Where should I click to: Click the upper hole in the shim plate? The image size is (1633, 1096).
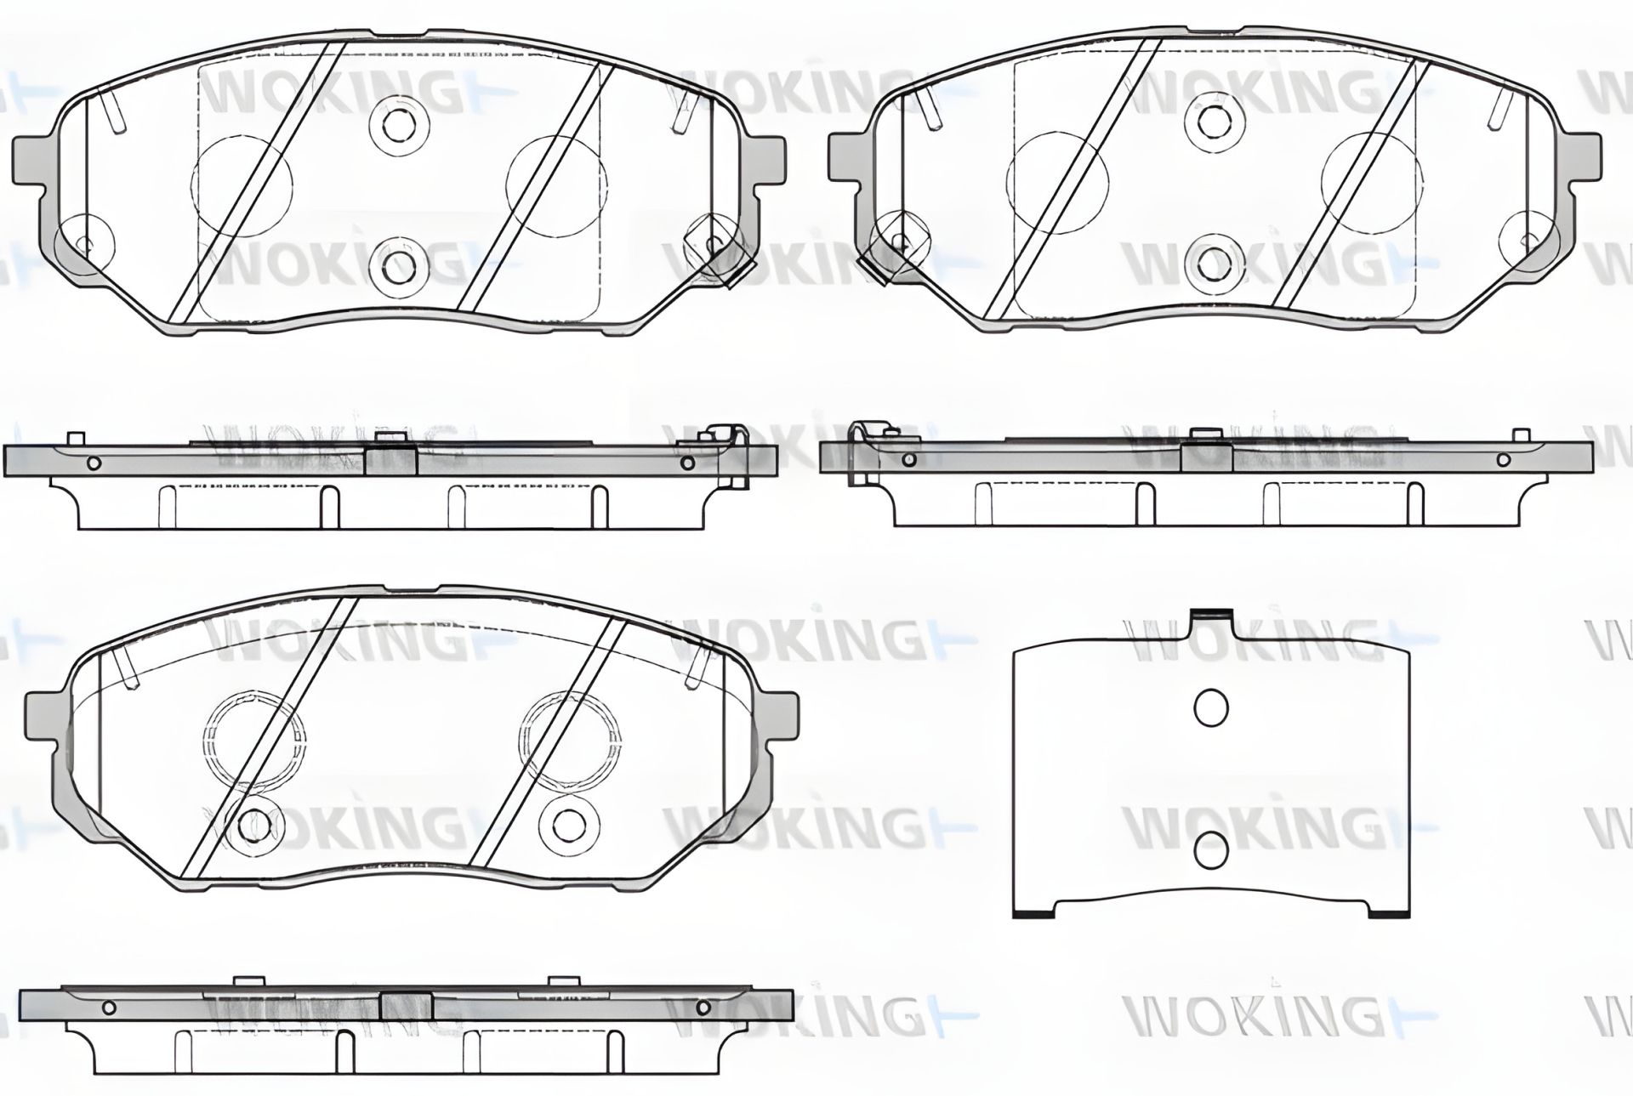pos(1210,707)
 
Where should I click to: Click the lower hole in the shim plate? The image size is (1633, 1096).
pos(1210,850)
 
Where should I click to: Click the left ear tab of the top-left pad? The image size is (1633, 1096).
pos(31,162)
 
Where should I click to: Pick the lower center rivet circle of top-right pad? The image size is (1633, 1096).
pos(1212,261)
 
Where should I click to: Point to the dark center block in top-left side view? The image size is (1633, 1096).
pos(390,461)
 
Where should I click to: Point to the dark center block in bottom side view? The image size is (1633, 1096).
pos(407,1007)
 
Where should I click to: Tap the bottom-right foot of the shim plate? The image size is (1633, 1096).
pos(1389,911)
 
